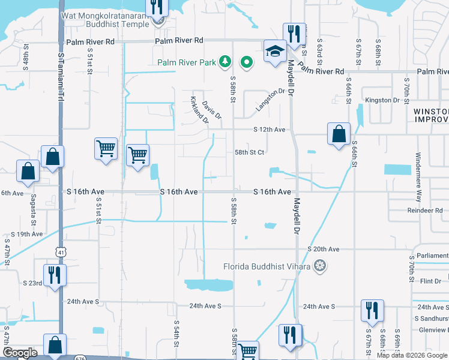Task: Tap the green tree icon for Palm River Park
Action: (x=225, y=61)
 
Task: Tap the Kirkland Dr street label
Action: (x=199, y=110)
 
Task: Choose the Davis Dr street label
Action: (x=212, y=109)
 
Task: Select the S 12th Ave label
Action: (x=268, y=130)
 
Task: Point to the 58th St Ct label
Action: (x=249, y=152)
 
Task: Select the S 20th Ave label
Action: (x=324, y=249)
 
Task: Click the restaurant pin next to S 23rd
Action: (x=55, y=275)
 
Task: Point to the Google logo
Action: (x=20, y=353)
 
